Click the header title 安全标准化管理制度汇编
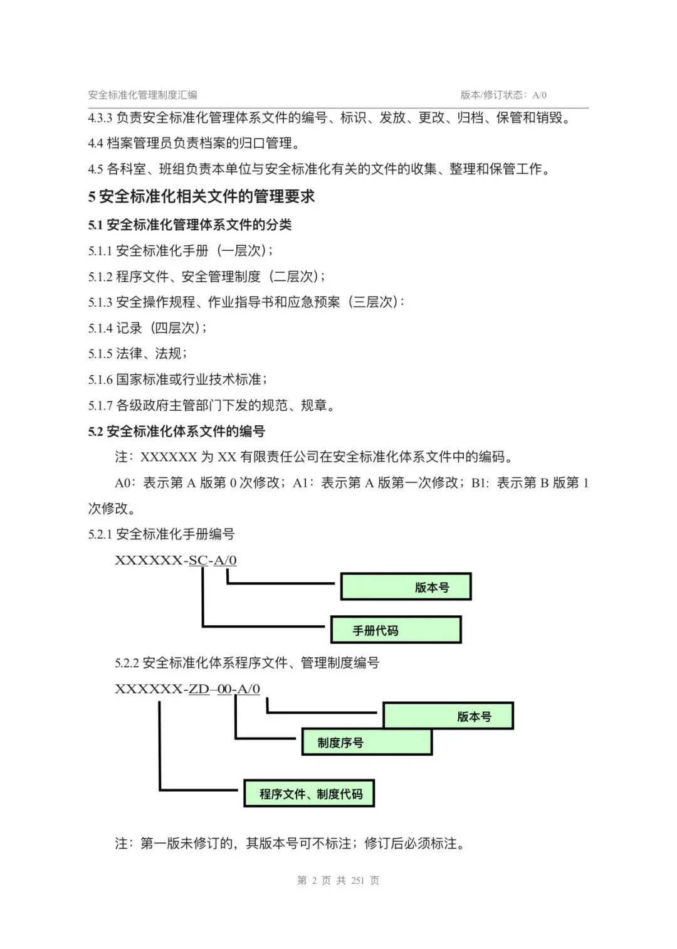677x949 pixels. pyautogui.click(x=143, y=95)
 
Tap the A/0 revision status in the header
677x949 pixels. pyautogui.click(x=539, y=95)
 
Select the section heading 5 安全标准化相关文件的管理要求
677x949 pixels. pyautogui.click(x=202, y=196)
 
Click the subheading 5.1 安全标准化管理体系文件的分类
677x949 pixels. pyautogui.click(x=190, y=225)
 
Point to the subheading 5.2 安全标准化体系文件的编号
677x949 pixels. pyautogui.click(x=177, y=432)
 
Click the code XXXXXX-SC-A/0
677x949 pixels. pyautogui.click(x=176, y=560)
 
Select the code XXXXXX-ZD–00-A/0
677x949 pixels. pyautogui.click(x=187, y=689)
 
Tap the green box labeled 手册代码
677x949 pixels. pyautogui.click(x=396, y=630)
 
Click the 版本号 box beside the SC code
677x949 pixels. pyautogui.click(x=406, y=586)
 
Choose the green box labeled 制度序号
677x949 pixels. pyautogui.click(x=367, y=743)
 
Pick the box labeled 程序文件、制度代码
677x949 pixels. pyautogui.click(x=309, y=793)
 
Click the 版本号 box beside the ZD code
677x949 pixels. pyautogui.click(x=448, y=716)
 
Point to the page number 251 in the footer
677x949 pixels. pyautogui.click(x=357, y=881)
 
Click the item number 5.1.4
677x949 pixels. pyautogui.click(x=100, y=328)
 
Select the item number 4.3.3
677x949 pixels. pyautogui.click(x=100, y=118)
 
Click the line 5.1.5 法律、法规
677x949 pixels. pyautogui.click(x=138, y=353)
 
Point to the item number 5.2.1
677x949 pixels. pyautogui.click(x=100, y=534)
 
